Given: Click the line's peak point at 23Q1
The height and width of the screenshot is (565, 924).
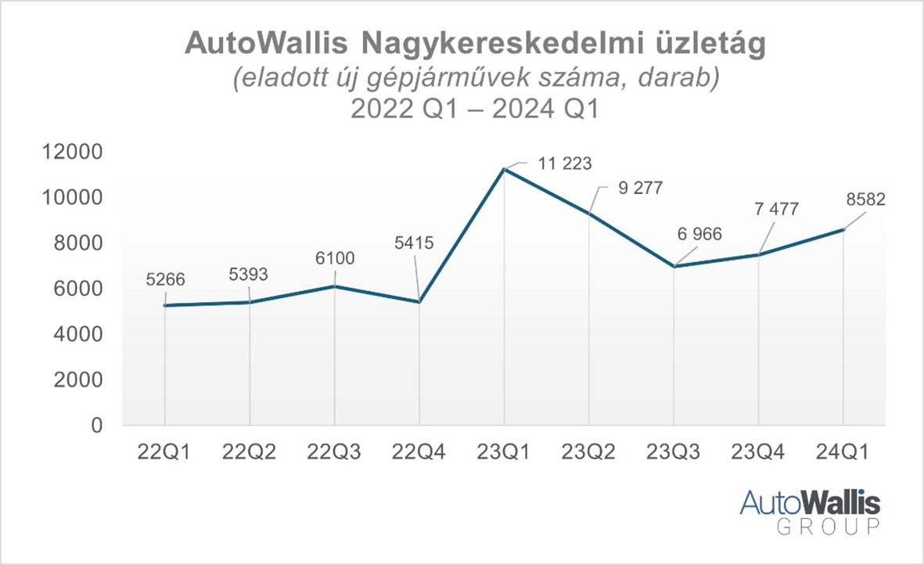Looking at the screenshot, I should (x=504, y=169).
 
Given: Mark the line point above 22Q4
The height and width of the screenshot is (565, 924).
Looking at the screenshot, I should (x=419, y=302).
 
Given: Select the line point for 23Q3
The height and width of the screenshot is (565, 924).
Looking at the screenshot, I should (x=674, y=267).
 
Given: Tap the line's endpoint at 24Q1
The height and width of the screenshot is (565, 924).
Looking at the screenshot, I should (x=843, y=229).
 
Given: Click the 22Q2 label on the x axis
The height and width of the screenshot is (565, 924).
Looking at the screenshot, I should (x=250, y=453).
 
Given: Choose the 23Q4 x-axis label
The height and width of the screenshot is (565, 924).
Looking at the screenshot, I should (x=758, y=453).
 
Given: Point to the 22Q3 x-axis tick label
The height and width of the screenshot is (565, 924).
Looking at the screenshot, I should (x=335, y=453).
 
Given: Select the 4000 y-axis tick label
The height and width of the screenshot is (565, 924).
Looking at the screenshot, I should (x=79, y=334).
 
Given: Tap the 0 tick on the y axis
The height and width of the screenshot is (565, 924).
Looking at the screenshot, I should (x=96, y=426).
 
